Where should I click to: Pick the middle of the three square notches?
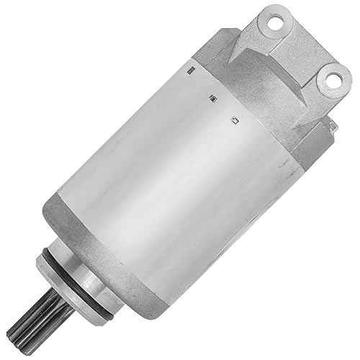(211, 97)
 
